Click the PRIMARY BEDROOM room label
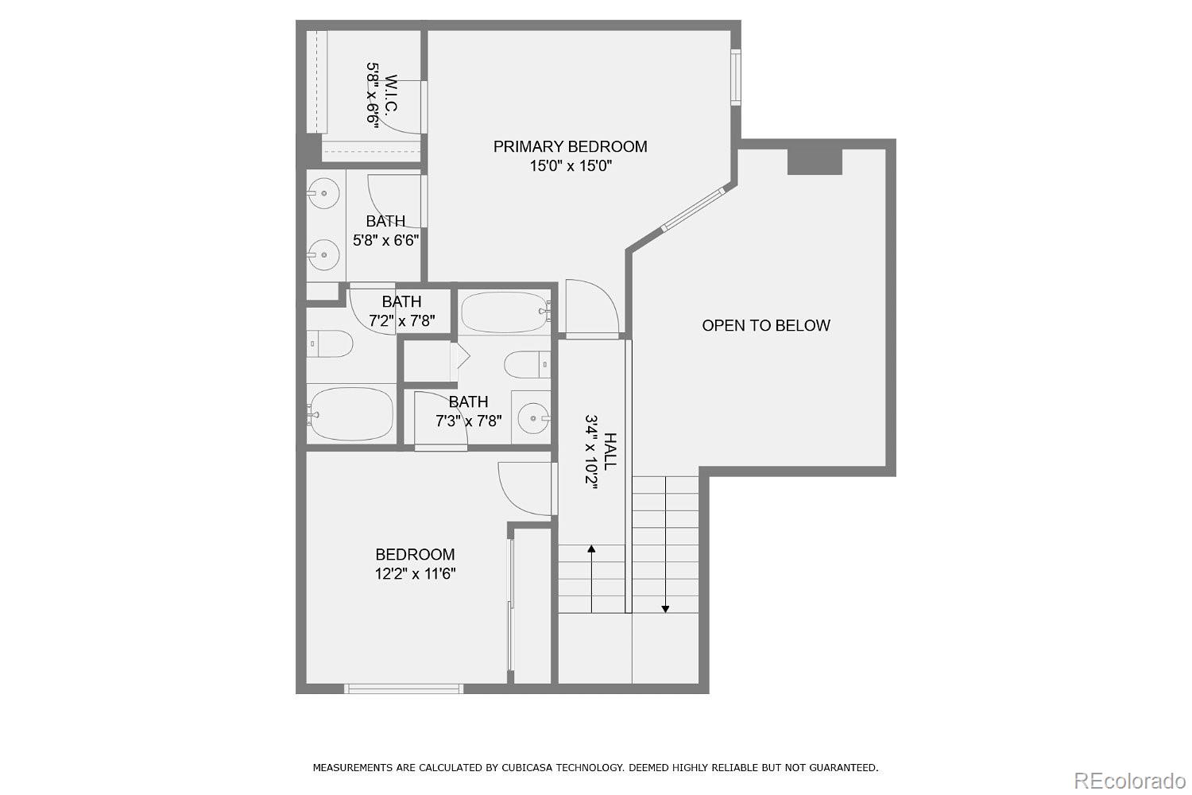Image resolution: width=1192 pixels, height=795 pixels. pyautogui.click(x=570, y=146)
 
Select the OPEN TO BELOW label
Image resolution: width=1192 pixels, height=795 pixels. pyautogui.click(x=765, y=325)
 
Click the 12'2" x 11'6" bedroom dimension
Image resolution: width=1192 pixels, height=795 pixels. pyautogui.click(x=415, y=574)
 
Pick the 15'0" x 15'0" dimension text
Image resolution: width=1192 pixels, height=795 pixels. pyautogui.click(x=570, y=166)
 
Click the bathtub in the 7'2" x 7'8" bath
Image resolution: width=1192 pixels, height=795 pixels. pyautogui.click(x=351, y=413)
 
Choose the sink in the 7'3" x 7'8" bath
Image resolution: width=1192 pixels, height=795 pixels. pyautogui.click(x=532, y=416)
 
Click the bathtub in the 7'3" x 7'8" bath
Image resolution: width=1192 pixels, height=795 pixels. pyautogui.click(x=505, y=312)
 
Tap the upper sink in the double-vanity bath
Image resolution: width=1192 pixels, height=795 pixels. pyautogui.click(x=323, y=192)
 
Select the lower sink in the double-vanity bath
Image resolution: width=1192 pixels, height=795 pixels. pyautogui.click(x=323, y=254)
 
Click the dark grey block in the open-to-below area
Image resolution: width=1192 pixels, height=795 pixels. pyautogui.click(x=815, y=161)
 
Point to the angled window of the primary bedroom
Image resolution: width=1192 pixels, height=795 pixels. pyautogui.click(x=695, y=209)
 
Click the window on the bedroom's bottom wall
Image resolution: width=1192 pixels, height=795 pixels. pyautogui.click(x=404, y=688)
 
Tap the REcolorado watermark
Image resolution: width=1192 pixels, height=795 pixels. pyautogui.click(x=1128, y=781)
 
